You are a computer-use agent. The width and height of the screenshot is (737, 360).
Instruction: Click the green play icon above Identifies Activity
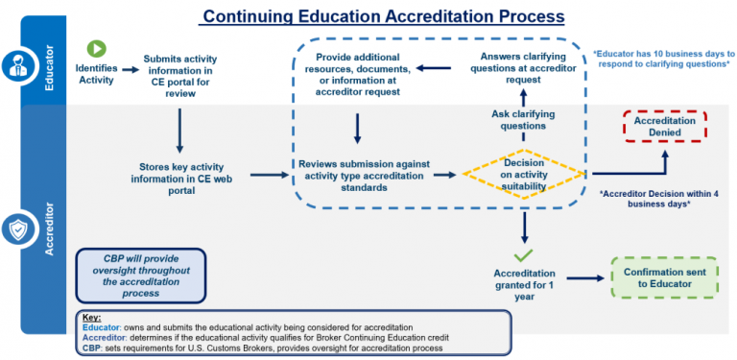(x=96, y=49)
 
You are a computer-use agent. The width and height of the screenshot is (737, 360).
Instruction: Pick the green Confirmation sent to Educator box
(x=664, y=277)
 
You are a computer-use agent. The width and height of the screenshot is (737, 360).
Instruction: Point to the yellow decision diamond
(x=524, y=175)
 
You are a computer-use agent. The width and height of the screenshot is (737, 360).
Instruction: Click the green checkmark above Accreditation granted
(x=523, y=255)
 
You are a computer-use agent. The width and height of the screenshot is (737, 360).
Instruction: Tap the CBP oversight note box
(x=140, y=276)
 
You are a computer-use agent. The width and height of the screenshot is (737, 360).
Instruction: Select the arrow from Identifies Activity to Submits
(x=131, y=69)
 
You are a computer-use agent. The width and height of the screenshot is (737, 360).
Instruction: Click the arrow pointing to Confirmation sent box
(x=585, y=278)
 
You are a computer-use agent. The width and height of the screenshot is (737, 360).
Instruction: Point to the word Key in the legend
(x=91, y=317)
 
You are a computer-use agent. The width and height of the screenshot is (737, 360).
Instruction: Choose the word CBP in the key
(x=90, y=348)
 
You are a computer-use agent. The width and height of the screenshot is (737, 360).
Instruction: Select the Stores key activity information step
(x=181, y=180)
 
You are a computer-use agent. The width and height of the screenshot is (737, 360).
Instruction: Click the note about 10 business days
(x=664, y=60)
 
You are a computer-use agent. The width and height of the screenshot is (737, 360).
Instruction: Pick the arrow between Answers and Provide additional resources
(x=434, y=68)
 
